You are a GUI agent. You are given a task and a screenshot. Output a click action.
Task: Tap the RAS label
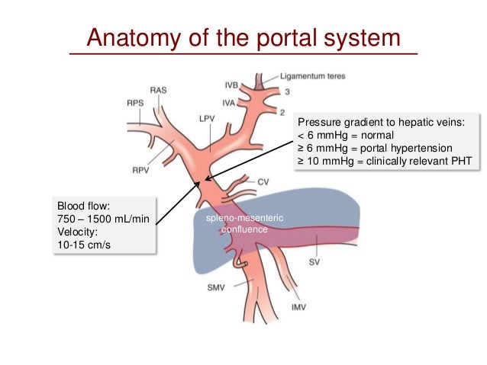coord(158,90)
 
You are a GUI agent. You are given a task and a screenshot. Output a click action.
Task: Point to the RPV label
coord(140,171)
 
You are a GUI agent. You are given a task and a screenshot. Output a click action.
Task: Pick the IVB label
coord(232,84)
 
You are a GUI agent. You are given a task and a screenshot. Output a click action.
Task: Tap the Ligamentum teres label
coord(313,77)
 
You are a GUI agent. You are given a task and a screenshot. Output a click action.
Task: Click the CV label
coord(264,181)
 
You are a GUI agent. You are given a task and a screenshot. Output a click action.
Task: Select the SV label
coord(314,261)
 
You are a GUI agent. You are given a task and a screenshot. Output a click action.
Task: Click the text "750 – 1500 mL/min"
coord(104,219)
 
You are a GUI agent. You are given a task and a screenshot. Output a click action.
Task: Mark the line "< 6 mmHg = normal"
coord(343,135)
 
